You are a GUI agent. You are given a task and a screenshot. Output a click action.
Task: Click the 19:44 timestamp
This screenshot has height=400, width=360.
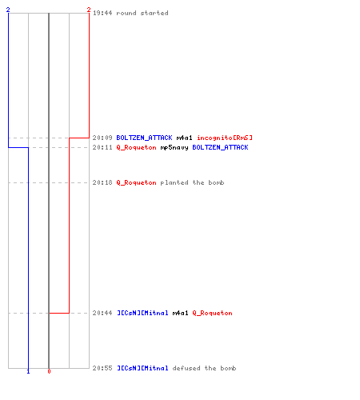tap(102, 13)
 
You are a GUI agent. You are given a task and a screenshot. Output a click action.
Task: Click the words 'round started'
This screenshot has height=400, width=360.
tap(142, 13)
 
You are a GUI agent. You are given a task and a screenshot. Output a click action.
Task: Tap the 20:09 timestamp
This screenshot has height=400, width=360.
tap(102, 138)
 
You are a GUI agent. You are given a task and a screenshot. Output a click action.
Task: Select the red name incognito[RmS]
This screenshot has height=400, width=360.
tap(225, 138)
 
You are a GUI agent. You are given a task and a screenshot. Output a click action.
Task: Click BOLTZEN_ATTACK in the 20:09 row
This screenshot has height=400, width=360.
tap(144, 138)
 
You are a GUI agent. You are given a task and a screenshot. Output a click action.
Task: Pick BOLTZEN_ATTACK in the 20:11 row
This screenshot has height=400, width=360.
tap(220, 147)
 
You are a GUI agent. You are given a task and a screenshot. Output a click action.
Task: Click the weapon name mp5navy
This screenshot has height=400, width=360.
tap(174, 148)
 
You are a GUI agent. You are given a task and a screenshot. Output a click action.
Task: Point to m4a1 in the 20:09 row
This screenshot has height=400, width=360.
tap(184, 138)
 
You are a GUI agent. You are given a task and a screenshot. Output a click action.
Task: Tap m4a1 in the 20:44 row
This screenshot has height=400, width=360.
tap(180, 313)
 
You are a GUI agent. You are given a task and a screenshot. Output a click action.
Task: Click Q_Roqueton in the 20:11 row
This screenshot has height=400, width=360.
tap(136, 148)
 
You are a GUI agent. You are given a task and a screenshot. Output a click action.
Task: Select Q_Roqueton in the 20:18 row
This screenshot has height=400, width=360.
tap(136, 183)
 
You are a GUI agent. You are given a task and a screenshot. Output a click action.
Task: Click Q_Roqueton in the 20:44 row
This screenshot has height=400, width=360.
tap(212, 314)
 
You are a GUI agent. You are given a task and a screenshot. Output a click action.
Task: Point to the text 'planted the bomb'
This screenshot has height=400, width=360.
tap(192, 183)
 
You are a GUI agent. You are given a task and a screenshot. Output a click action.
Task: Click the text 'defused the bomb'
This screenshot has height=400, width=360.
tap(204, 368)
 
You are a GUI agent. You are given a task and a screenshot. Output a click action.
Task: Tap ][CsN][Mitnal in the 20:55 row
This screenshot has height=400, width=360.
tap(142, 368)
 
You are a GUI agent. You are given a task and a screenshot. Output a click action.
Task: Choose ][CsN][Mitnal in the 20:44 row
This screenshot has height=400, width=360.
tap(142, 313)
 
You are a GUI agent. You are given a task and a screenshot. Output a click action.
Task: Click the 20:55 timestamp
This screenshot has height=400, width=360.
tap(102, 368)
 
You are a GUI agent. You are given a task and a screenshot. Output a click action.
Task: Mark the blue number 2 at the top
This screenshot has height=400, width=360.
tap(8, 10)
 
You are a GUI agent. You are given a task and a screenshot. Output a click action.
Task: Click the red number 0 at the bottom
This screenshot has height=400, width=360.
tap(49, 371)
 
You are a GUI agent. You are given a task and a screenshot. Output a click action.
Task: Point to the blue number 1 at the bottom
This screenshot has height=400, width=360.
tap(28, 371)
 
